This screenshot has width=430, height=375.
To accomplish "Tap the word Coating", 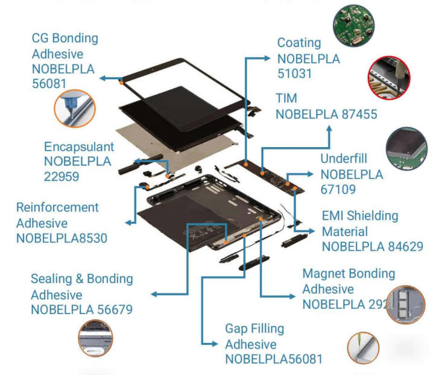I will click(x=299, y=43).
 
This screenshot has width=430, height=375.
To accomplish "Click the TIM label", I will click(x=286, y=98).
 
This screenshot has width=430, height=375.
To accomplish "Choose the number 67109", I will click(x=338, y=190).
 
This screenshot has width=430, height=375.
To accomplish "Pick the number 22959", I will click(x=61, y=177).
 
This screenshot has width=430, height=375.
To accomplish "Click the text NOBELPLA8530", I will click(x=62, y=238).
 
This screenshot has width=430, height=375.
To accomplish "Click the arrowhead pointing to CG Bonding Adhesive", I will click(x=103, y=78).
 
